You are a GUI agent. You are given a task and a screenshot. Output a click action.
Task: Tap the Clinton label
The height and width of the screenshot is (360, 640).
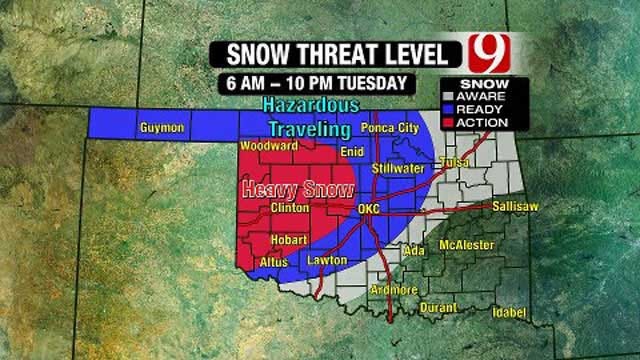pyautogui.click(x=289, y=208)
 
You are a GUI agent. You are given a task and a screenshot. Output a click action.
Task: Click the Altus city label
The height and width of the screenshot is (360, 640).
pyautogui.click(x=274, y=262)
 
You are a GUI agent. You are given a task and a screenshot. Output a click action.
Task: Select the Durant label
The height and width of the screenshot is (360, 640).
pyautogui.click(x=438, y=307)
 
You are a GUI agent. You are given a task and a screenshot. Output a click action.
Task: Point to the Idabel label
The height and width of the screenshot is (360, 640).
pyautogui.click(x=507, y=313)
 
